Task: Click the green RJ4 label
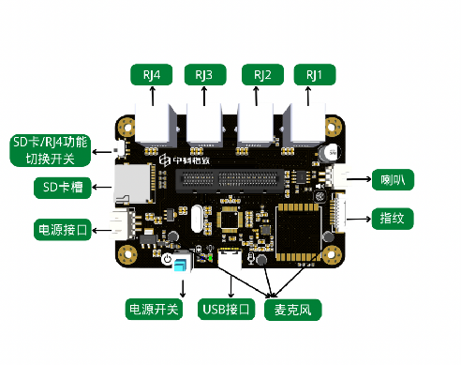[x=152, y=75]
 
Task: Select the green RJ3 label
[x=205, y=75]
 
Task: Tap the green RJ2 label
[x=262, y=75]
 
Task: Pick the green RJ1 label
[x=315, y=75]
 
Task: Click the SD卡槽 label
[x=63, y=188]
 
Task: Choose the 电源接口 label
[x=63, y=230]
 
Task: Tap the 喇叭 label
[x=393, y=180]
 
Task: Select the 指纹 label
[x=393, y=219]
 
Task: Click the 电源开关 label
[x=154, y=310]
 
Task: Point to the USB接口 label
[x=226, y=310]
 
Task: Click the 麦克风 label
[x=293, y=310]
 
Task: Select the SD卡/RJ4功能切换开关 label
[x=51, y=150]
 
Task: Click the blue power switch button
[x=181, y=265]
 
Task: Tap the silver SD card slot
[x=132, y=185]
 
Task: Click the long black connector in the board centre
[x=230, y=181]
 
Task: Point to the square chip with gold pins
[x=230, y=219]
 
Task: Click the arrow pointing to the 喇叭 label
[x=359, y=179]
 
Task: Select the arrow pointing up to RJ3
[x=204, y=97]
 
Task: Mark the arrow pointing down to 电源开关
[x=183, y=288]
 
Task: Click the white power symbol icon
[x=168, y=259]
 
